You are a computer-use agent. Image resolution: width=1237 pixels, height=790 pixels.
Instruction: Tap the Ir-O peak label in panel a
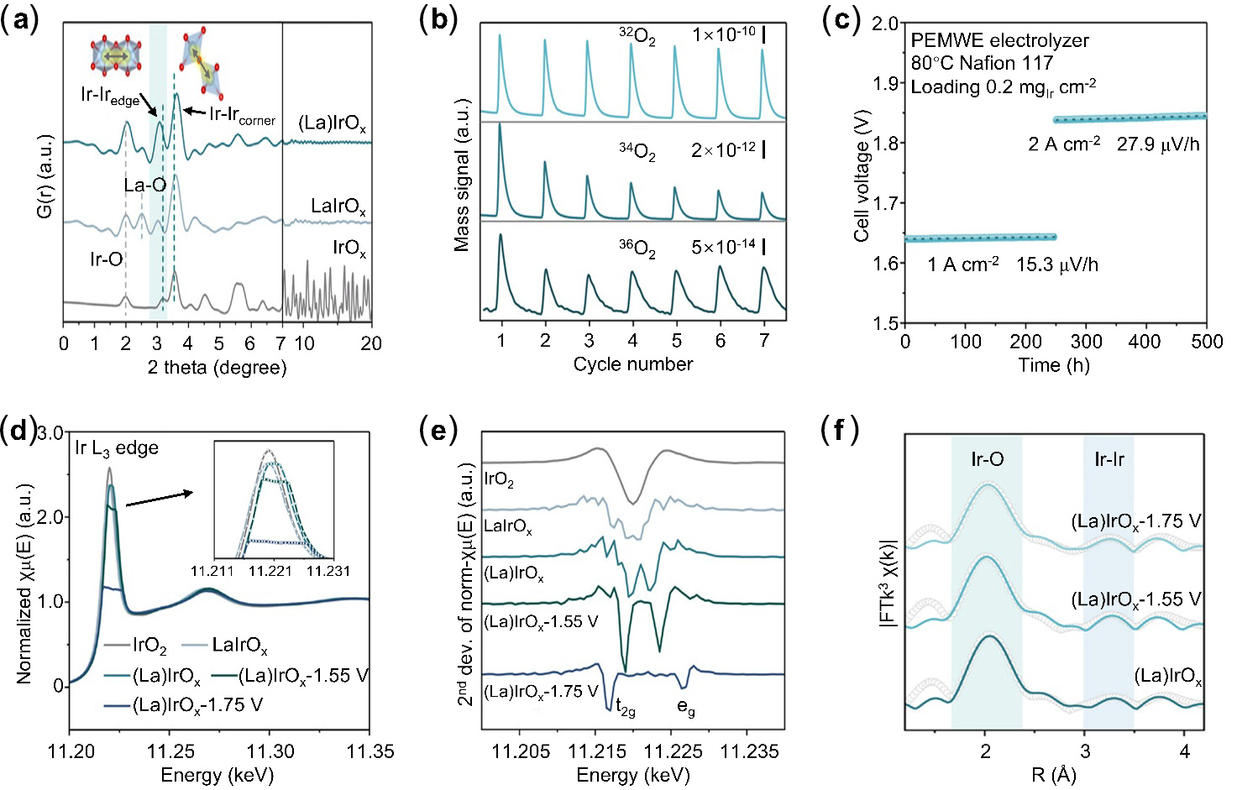pos(106,259)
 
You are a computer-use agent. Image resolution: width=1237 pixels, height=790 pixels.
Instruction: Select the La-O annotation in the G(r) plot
pos(144,185)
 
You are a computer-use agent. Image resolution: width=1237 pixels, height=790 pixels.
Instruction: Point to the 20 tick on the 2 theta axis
pos(371,343)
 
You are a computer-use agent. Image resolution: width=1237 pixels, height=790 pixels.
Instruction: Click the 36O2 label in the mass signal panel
pos(637,249)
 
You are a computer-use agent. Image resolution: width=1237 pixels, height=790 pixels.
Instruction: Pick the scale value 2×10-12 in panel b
pos(723,149)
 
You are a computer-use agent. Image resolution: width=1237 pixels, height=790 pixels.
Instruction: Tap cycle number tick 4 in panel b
pos(633,341)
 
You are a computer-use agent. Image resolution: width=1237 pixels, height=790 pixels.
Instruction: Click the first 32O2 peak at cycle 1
pos(500,35)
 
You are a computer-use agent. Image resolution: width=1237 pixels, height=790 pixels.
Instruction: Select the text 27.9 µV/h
pos(1158,144)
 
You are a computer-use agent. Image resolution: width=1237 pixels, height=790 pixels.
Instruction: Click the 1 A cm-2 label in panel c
pos(963,265)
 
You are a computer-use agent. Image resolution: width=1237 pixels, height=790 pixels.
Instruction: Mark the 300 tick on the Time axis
pos(1086,343)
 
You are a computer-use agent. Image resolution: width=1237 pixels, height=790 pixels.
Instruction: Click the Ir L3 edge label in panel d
pos(117,447)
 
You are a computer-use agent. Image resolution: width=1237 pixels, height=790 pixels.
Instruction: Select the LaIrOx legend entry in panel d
pos(239,646)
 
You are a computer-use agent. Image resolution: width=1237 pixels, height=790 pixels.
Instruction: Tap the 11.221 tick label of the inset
pos(270,571)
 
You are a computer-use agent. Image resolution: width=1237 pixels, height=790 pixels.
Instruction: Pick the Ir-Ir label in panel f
pos(1109,459)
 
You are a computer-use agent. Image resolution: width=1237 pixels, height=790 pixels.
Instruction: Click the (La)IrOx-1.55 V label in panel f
pos(1136,600)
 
